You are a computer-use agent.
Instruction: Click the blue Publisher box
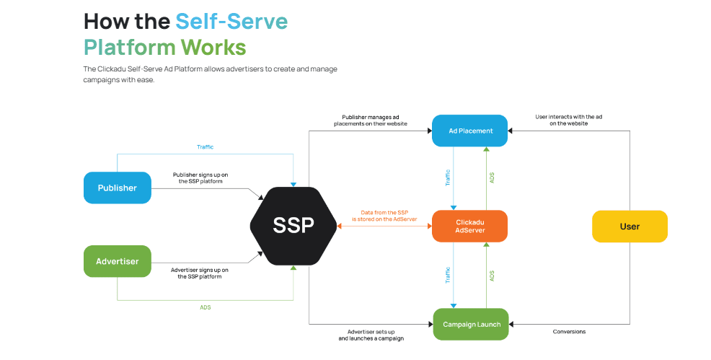117,188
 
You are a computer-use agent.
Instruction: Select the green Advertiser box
117,261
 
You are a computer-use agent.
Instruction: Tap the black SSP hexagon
293,225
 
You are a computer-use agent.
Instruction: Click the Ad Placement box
470,131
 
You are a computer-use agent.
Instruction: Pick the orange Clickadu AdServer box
469,226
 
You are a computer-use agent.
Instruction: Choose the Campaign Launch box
471,324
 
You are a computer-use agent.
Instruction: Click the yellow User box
629,226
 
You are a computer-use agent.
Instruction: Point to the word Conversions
569,332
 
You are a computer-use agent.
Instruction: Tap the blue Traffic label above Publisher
205,147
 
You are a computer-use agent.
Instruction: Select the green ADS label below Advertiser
206,307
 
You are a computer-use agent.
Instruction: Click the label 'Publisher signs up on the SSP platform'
201,177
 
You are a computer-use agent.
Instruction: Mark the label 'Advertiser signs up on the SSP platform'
200,273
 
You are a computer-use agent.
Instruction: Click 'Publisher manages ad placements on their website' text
371,120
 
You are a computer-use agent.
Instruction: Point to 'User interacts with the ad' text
568,120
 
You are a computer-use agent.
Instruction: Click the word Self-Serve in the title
231,21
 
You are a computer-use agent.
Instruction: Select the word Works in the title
213,48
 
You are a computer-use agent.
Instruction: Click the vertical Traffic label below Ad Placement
448,177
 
